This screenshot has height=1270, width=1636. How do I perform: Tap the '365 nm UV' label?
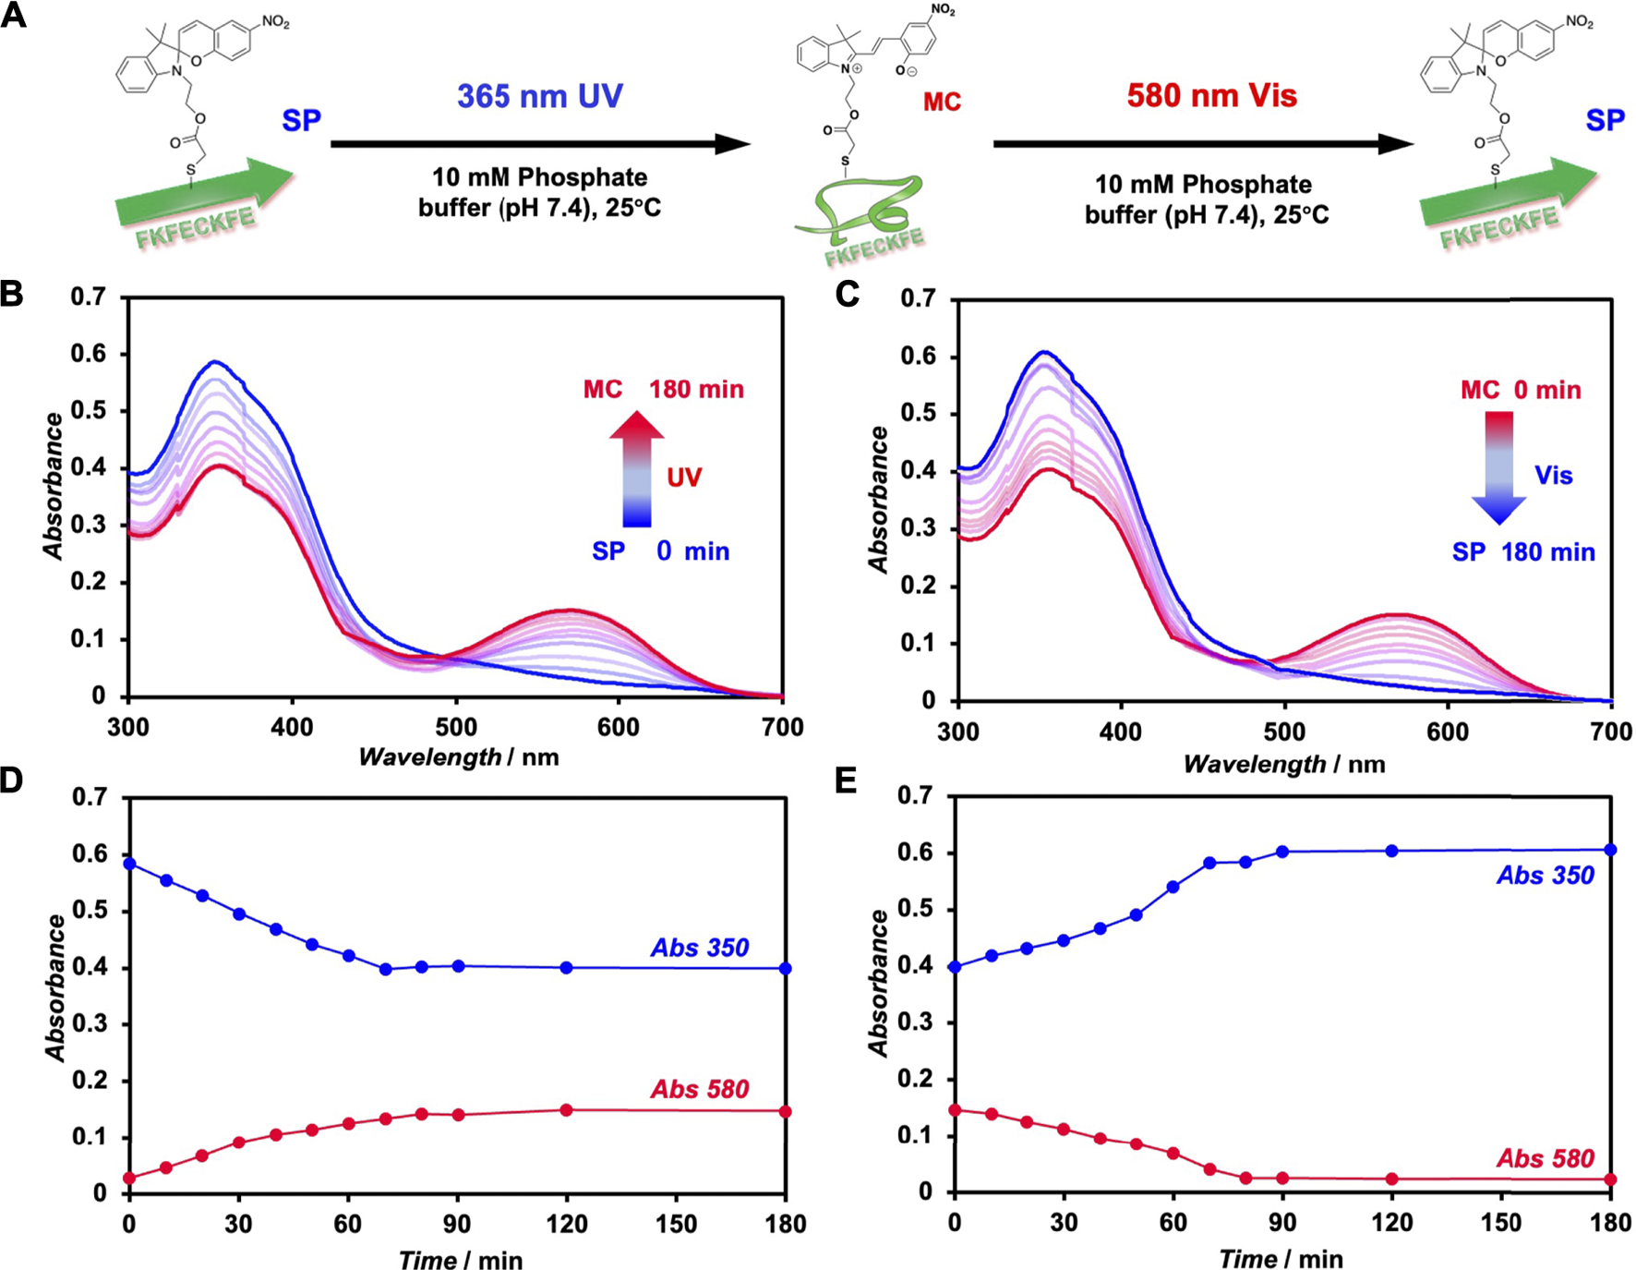click(x=540, y=96)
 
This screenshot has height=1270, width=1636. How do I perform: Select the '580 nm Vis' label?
click(x=1211, y=95)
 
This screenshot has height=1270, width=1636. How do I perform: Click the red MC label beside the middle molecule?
click(x=942, y=102)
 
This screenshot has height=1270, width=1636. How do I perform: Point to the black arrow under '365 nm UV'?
click(x=540, y=144)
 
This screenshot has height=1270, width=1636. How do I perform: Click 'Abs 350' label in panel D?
click(x=700, y=948)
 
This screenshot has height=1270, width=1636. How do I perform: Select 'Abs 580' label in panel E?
click(x=1546, y=1158)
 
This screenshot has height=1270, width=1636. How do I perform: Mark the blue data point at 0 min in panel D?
click(x=130, y=865)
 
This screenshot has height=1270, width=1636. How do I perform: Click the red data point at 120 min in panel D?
click(x=567, y=1110)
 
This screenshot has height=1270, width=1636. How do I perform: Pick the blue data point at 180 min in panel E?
click(x=1610, y=850)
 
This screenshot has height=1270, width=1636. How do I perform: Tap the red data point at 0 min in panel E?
click(x=956, y=1109)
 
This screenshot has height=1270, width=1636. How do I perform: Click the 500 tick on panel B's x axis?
click(x=456, y=728)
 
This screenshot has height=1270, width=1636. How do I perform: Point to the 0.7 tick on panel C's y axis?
click(x=918, y=298)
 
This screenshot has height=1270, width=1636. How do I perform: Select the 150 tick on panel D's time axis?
click(x=676, y=1224)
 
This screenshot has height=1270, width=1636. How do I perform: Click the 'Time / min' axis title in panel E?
click(x=1281, y=1259)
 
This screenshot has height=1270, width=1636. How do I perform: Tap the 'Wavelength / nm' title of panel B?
click(x=459, y=757)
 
